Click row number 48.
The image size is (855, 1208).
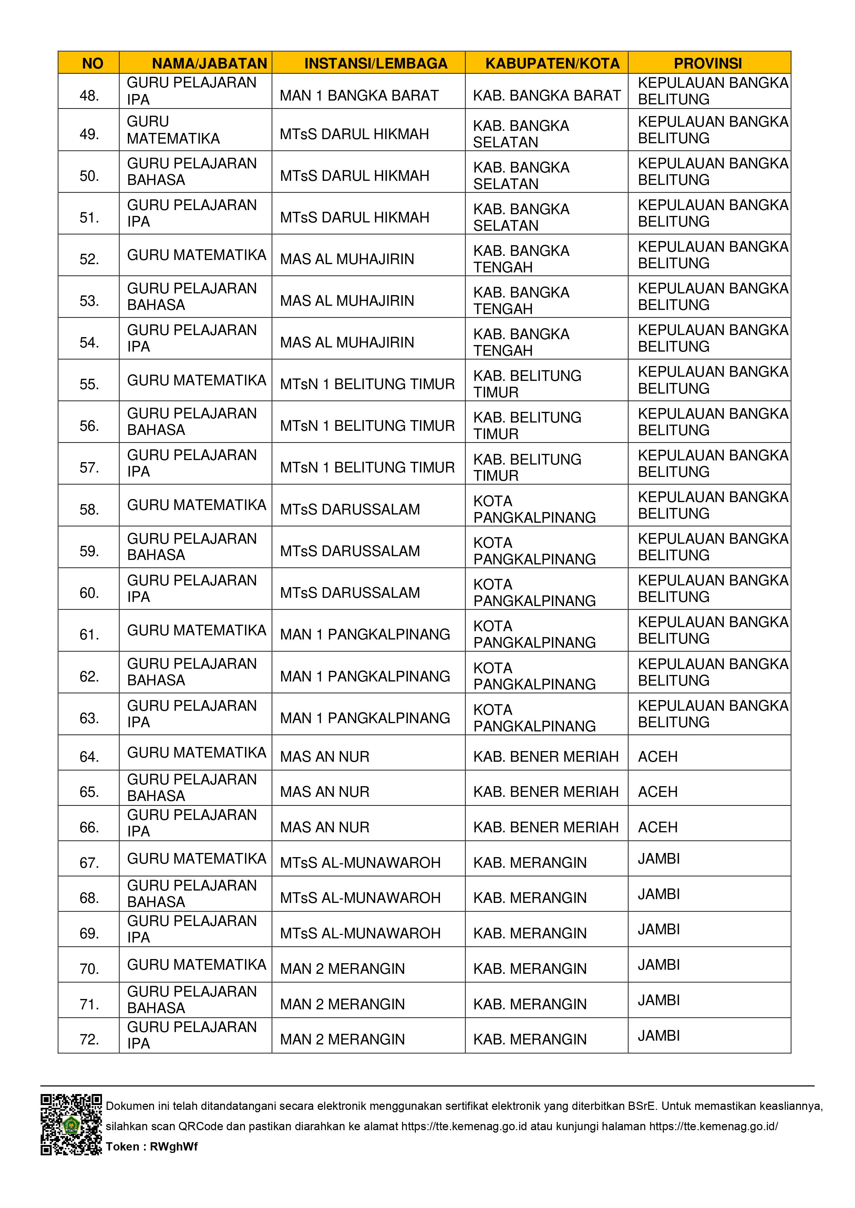89,96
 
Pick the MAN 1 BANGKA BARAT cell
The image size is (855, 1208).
359,96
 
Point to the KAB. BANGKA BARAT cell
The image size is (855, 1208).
546,96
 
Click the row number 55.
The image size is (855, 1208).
89,384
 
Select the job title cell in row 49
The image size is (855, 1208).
173,130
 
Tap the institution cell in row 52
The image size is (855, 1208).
347,259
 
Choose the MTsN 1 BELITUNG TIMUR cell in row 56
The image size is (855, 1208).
367,426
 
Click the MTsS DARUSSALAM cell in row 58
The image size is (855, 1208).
350,509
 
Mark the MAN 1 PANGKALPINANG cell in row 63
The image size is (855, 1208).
365,718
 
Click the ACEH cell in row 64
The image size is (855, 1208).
658,757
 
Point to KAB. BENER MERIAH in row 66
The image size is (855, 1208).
545,827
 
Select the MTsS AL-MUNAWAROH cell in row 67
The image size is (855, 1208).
360,863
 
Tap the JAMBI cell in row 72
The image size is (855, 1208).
659,1035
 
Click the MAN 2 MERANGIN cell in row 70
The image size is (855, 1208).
342,969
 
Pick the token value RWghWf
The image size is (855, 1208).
173,1146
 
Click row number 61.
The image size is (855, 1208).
89,635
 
